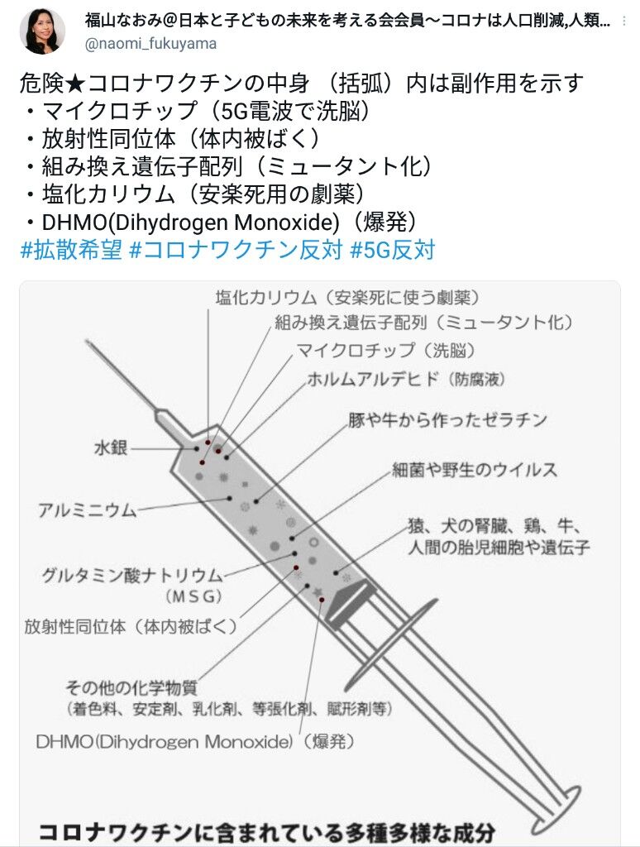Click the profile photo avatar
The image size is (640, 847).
tap(41, 31)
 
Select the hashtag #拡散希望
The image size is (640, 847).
tap(71, 250)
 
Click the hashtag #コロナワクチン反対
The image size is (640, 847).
tap(236, 250)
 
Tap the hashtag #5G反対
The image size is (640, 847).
tap(393, 250)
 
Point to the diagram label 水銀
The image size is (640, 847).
tap(111, 449)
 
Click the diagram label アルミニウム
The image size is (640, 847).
tap(87, 510)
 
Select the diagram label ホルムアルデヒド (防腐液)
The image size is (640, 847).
tap(405, 380)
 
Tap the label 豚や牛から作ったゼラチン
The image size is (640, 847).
tap(447, 420)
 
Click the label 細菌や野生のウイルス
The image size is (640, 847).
tap(475, 470)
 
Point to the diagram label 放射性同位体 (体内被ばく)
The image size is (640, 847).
tap(131, 626)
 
